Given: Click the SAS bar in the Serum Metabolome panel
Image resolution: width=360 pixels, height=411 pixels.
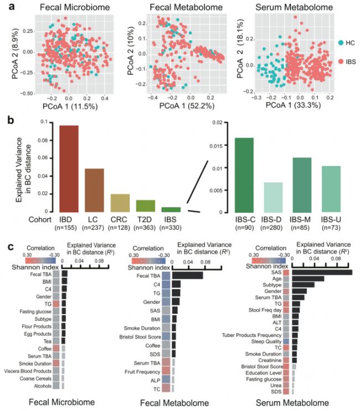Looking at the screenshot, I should click(x=322, y=272).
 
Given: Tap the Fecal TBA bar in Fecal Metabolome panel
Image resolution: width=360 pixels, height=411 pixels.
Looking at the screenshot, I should click(x=187, y=276).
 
